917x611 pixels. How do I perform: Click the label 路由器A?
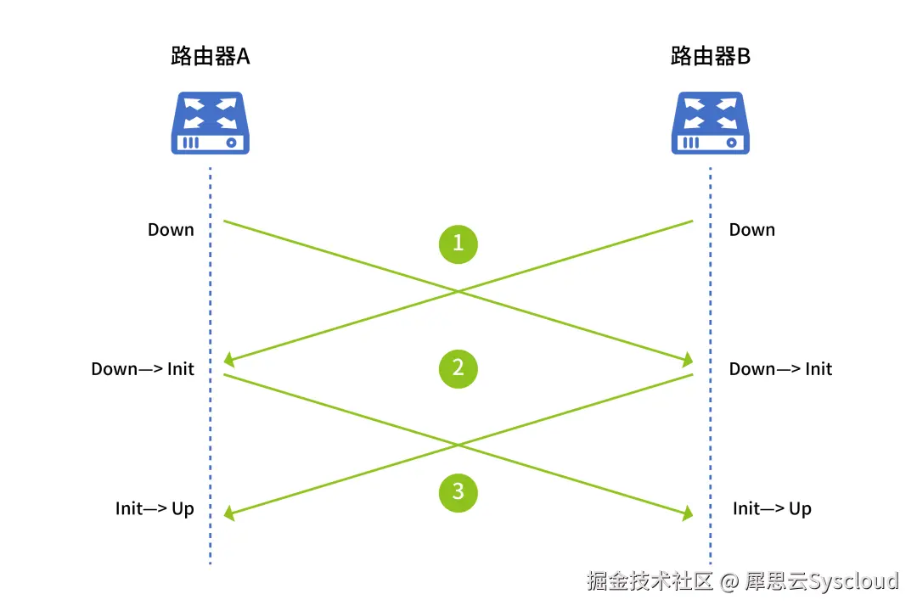click(210, 57)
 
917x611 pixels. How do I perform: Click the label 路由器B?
click(710, 57)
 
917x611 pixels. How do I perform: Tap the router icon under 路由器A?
click(211, 124)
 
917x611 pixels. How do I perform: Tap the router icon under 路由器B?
click(711, 124)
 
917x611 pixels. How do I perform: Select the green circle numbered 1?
click(458, 244)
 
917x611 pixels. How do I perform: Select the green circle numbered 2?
click(458, 368)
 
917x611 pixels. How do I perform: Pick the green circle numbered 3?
click(458, 492)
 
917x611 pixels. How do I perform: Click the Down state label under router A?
click(171, 230)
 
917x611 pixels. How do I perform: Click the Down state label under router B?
click(751, 230)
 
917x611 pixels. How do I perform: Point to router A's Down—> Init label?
click(143, 369)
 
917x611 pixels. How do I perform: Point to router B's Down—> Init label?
click(780, 369)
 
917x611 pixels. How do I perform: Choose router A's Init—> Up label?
click(155, 509)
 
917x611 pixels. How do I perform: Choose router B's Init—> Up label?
click(772, 509)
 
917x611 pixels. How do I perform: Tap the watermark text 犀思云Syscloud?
click(821, 581)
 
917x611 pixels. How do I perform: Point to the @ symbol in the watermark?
click(729, 582)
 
